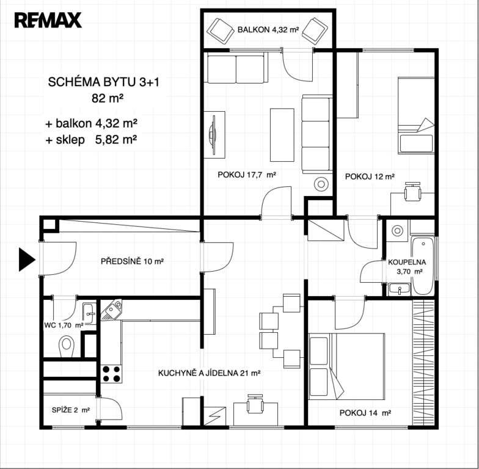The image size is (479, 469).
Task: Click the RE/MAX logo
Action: point(48,20)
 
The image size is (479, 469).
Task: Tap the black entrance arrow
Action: point(27,260)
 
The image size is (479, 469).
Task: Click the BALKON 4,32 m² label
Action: point(268,29)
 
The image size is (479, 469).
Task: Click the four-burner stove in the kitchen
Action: point(111,374)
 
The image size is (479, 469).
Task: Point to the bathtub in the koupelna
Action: point(423,266)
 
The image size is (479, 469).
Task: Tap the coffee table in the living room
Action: point(282,134)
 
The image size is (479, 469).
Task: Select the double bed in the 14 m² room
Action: point(346,366)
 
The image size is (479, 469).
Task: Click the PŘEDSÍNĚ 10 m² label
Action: point(132,261)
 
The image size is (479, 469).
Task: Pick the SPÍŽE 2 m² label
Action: point(71,410)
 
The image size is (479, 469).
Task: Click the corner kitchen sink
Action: point(111,310)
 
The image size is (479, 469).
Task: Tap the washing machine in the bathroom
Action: point(397,231)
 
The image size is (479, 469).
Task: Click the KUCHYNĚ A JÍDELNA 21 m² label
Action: point(209,373)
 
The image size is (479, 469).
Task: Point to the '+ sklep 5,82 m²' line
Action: point(91,140)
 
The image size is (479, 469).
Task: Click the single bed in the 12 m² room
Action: point(416,115)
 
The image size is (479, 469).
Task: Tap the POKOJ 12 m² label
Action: point(370,176)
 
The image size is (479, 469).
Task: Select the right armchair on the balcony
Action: point(315,31)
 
